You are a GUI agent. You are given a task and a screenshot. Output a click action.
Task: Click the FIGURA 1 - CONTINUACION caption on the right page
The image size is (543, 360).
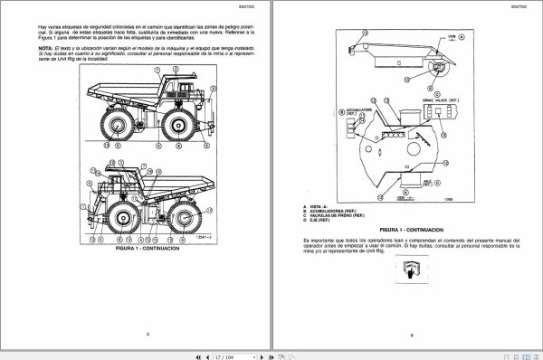coord(409,230)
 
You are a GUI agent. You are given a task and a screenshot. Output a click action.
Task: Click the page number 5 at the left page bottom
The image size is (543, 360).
coord(148,335)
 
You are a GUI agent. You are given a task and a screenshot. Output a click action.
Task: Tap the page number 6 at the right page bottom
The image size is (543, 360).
coord(409,335)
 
